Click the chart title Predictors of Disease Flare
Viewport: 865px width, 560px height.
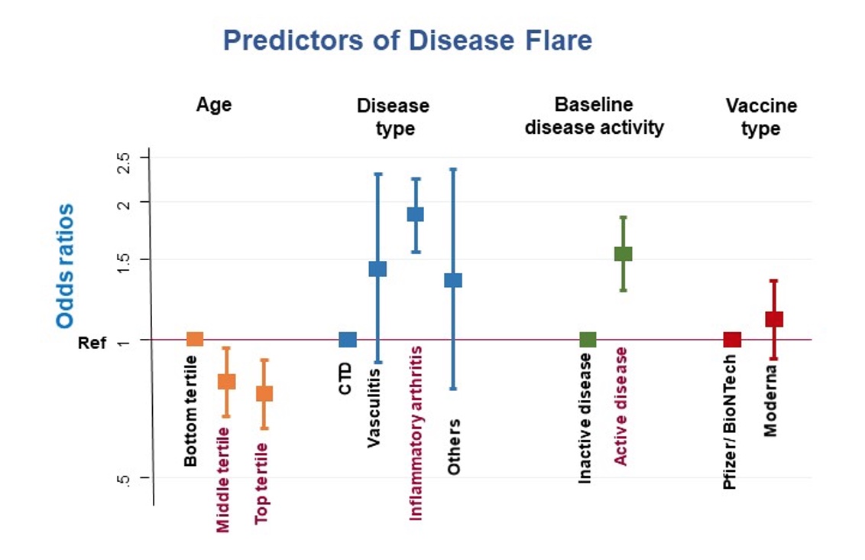(x=407, y=41)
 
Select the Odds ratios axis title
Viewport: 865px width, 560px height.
(x=65, y=266)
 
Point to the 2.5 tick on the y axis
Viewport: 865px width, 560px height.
(x=124, y=162)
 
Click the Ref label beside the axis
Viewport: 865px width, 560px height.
(x=92, y=343)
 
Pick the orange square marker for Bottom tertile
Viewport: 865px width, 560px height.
(x=195, y=339)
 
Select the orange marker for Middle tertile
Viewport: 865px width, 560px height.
(x=226, y=381)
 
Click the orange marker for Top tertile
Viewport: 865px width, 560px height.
(x=264, y=393)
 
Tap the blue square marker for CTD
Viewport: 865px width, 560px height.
(x=348, y=340)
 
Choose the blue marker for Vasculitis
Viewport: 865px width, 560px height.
(x=377, y=269)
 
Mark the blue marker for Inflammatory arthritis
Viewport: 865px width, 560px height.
(x=415, y=214)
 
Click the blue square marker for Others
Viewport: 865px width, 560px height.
(x=453, y=280)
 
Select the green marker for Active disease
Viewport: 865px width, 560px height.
(x=624, y=254)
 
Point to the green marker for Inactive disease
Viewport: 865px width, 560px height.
(x=588, y=340)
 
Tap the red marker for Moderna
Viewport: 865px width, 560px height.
(x=774, y=319)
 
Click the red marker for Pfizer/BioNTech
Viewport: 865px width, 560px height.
(x=732, y=340)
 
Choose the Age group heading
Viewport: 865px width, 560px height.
(x=214, y=105)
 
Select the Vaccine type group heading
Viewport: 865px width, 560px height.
(x=760, y=117)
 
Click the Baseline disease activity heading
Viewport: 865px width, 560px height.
(x=594, y=116)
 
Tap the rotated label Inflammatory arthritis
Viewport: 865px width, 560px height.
(x=416, y=433)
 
